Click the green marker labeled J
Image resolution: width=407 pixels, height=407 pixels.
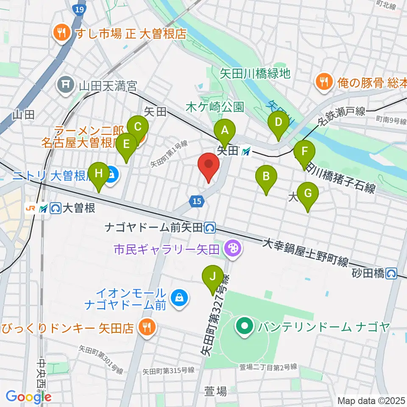pos(213,278)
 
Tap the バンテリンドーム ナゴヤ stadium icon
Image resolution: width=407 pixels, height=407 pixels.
pos(245,327)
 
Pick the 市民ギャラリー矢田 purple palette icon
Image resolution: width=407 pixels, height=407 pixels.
pos(232,247)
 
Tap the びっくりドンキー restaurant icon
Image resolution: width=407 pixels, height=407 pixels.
pos(147,327)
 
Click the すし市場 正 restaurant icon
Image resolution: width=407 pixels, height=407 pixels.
pos(62,34)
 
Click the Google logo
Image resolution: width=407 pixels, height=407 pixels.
pos(28,397)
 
